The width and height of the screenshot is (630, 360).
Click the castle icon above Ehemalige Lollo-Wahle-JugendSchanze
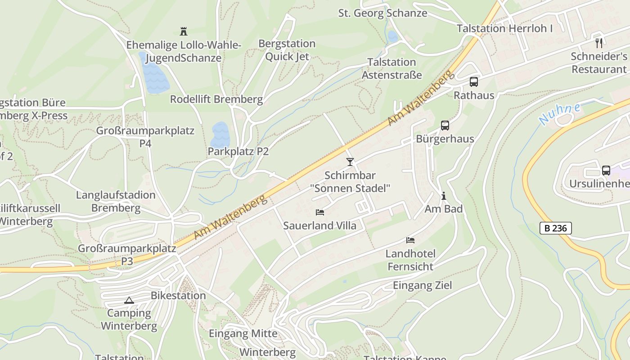(x=183, y=31)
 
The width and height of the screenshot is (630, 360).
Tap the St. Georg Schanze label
(x=382, y=13)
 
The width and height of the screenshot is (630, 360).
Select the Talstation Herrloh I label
(x=504, y=28)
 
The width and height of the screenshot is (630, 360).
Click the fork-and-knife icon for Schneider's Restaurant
(x=598, y=43)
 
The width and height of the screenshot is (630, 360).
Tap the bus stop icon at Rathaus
(x=473, y=82)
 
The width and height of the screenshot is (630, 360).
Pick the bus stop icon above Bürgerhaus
(x=445, y=126)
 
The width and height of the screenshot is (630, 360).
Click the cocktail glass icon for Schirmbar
(x=350, y=162)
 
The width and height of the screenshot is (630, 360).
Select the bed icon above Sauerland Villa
(x=319, y=212)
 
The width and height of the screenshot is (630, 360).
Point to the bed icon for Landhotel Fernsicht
(x=410, y=240)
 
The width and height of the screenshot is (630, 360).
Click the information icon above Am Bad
(x=444, y=196)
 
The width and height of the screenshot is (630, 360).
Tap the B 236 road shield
(x=555, y=228)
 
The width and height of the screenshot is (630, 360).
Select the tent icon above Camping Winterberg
(x=129, y=300)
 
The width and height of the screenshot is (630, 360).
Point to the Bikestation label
(x=178, y=296)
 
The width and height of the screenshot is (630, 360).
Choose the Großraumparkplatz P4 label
(x=145, y=137)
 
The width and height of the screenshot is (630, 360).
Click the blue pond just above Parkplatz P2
(x=220, y=134)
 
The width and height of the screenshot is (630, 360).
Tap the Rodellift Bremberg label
(x=216, y=99)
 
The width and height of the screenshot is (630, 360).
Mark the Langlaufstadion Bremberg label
(x=116, y=202)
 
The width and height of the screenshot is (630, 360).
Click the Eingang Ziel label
(x=422, y=285)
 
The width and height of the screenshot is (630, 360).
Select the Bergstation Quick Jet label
(x=287, y=50)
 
